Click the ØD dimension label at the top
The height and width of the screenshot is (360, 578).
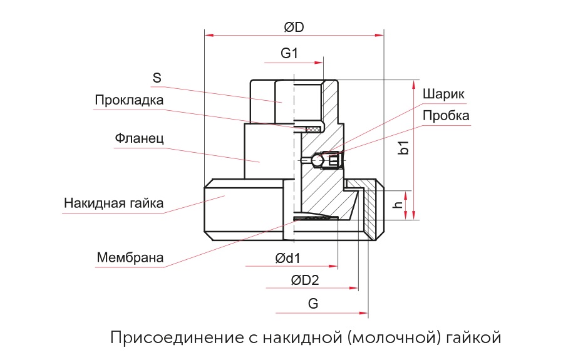click(x=294, y=28)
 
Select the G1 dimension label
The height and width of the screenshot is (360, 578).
click(x=289, y=54)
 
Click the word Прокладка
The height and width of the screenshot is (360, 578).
click(x=129, y=100)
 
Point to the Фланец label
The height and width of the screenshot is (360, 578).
click(x=139, y=138)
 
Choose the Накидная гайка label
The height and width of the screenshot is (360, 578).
click(x=113, y=203)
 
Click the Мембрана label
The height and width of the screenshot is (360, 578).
click(x=130, y=257)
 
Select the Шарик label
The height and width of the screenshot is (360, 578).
click(x=444, y=94)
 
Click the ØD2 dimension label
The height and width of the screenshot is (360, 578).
click(x=306, y=280)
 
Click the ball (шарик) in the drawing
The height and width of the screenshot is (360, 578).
click(x=317, y=161)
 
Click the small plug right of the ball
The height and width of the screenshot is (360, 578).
click(x=333, y=161)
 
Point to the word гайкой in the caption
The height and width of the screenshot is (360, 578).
click(x=476, y=338)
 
